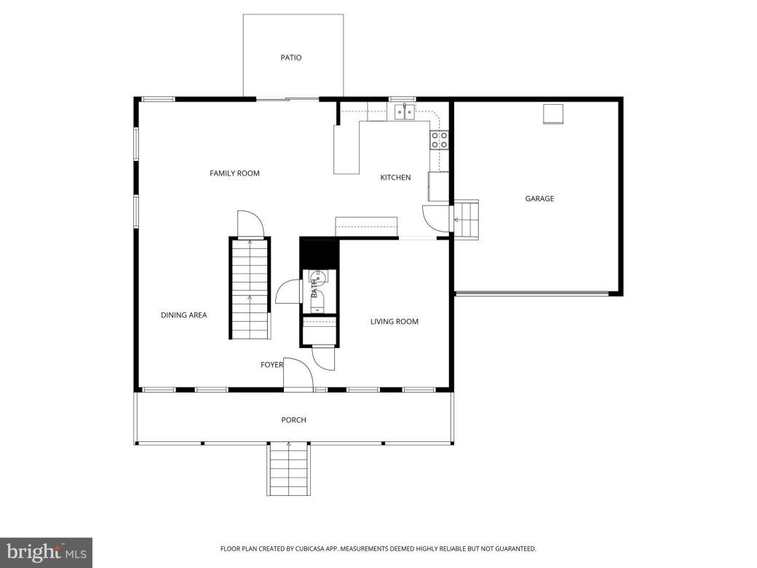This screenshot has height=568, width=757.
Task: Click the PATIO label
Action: pos(291,58)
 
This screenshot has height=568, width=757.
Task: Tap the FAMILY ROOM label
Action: pos(234,173)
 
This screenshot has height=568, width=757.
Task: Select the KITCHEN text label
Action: pos(395,178)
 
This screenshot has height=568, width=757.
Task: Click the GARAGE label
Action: pos(539,198)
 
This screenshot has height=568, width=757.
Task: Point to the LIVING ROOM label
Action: pos(395,321)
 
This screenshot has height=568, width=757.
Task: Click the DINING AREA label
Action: pos(183,315)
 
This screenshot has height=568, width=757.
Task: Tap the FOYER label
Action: pos(272,365)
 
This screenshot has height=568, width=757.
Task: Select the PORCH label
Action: pos(293,420)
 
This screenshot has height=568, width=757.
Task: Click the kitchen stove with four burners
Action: pos(439,140)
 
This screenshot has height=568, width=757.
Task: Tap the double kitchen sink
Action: pos(405,112)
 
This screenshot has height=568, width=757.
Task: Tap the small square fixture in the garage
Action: pos(553,114)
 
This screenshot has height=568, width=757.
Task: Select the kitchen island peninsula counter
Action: pos(346,149)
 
